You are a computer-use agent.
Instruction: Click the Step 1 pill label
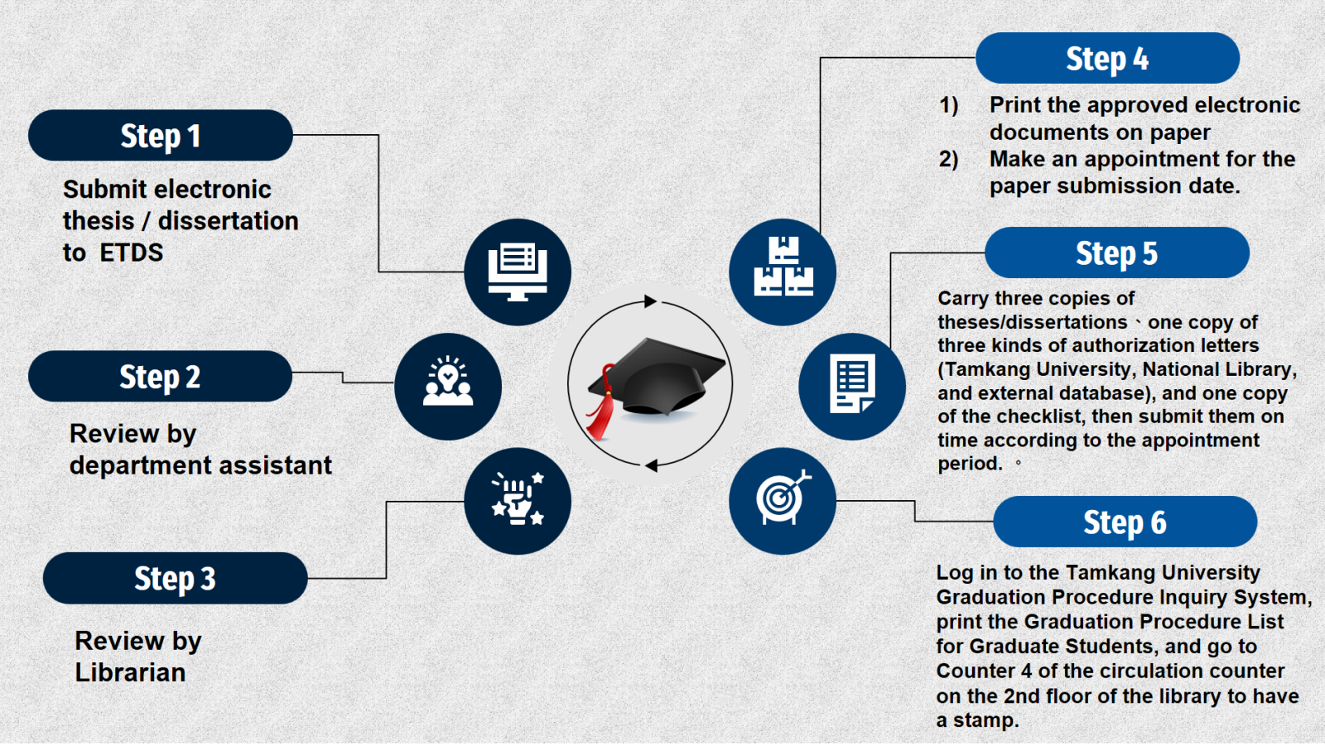161,136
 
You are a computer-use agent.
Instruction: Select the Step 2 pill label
161,376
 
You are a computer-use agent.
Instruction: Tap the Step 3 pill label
175,578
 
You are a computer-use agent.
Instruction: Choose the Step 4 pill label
1107,58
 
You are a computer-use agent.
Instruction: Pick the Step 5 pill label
1117,253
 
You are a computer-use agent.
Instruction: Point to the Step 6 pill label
1125,522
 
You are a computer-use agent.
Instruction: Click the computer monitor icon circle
518,272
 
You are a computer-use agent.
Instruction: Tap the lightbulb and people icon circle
448,387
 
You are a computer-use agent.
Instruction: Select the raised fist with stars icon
518,501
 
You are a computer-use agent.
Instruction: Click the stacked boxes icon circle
783,272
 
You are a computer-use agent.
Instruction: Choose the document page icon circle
852,387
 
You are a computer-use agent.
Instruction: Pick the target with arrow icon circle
783,501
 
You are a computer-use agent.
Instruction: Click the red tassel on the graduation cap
602,405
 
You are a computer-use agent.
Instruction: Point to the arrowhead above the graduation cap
651,301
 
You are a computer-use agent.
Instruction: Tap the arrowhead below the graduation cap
651,466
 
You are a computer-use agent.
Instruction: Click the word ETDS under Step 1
132,253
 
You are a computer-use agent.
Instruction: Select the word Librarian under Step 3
130,672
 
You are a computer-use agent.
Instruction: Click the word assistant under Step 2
276,465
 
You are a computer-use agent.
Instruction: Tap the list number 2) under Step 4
949,159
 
